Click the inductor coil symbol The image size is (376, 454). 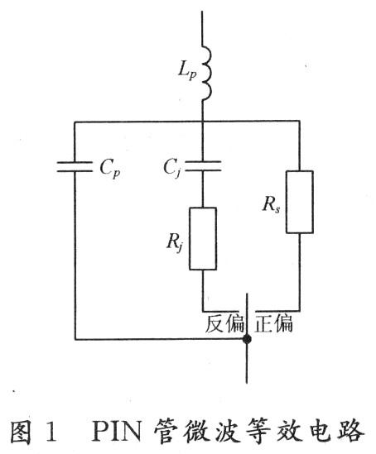[207, 73]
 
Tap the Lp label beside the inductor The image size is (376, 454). [187, 71]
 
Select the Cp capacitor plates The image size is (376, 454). [75, 167]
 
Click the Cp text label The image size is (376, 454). [110, 169]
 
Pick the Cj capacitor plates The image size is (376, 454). [203, 166]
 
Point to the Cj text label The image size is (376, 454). [173, 169]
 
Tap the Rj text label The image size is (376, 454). [175, 242]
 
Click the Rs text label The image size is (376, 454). [272, 204]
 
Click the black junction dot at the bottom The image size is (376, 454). [247, 339]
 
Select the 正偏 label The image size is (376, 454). [273, 323]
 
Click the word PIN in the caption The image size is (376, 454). [117, 431]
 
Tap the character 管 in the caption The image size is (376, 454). [165, 431]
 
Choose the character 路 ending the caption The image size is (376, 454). [351, 431]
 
